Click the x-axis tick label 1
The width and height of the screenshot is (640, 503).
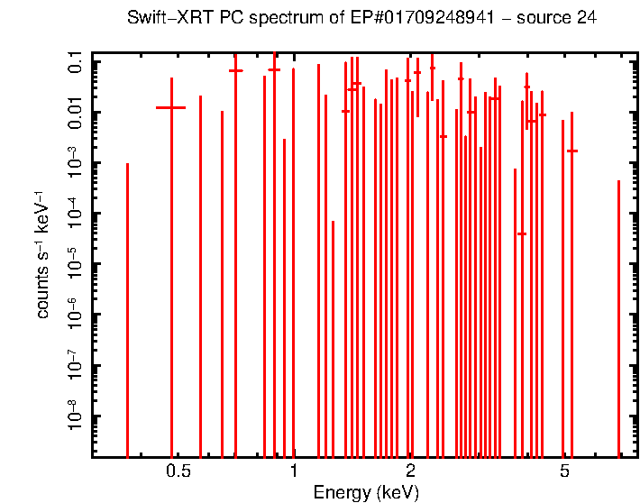[293, 471]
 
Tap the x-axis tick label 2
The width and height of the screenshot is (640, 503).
[410, 471]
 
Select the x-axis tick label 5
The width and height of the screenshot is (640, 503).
[564, 471]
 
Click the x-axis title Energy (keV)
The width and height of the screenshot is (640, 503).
[366, 492]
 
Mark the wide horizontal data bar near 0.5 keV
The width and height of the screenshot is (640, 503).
[170, 107]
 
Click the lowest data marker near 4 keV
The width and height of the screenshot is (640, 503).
[521, 233]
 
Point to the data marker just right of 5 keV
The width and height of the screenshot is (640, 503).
[571, 151]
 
